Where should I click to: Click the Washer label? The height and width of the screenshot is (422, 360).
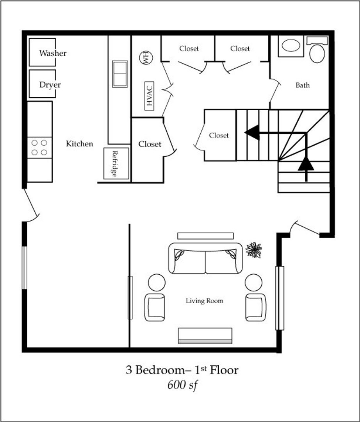53,53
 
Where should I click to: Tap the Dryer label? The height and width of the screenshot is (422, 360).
50,85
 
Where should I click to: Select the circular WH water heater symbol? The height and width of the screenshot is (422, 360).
146,57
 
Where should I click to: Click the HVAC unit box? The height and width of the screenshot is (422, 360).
149,96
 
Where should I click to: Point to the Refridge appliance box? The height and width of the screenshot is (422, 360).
116,163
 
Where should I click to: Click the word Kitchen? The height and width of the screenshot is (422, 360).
80,144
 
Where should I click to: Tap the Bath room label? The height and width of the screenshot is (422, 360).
303,85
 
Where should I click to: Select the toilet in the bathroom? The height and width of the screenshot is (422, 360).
317,50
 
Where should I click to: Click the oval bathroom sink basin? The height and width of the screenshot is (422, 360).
290,45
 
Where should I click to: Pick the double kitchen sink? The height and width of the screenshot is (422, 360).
120,74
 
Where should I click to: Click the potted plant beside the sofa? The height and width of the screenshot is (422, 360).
253,250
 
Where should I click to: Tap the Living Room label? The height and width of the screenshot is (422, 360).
205,300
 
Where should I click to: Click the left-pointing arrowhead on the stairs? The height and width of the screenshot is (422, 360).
252,132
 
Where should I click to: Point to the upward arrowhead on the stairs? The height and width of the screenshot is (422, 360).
306,164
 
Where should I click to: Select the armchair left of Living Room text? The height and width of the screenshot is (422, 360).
155,308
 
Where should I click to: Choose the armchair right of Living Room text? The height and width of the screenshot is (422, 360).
256,308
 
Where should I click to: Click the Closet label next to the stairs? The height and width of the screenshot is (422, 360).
219,135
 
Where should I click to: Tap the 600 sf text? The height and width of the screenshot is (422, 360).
183,385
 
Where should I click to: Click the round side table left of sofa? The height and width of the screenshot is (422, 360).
157,283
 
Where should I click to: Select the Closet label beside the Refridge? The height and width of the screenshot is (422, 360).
150,144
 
